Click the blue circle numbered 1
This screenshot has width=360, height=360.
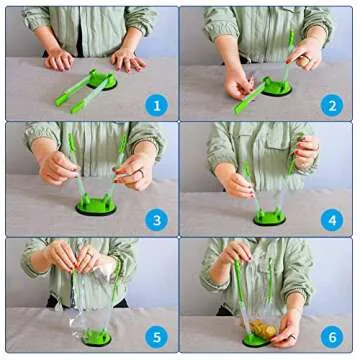(157, 105)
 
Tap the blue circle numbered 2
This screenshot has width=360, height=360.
(332, 105)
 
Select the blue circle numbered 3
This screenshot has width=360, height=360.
(157, 220)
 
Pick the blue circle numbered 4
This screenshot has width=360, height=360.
(332, 220)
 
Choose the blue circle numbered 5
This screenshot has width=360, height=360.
(157, 337)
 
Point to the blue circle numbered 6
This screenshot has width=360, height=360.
(332, 337)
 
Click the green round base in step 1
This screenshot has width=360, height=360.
(102, 80)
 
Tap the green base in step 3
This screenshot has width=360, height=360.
(96, 205)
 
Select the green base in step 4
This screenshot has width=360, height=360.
(270, 217)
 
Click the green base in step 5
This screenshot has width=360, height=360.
(96, 337)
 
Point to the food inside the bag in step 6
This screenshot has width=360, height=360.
(264, 329)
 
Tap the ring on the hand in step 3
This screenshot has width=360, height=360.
(142, 172)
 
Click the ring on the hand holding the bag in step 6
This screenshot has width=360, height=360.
(292, 337)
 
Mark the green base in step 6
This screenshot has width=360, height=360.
(255, 340)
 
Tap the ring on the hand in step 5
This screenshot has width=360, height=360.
(91, 255)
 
